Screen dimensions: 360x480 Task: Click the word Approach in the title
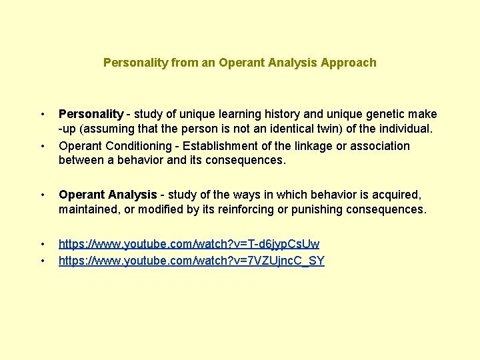pyautogui.click(x=348, y=63)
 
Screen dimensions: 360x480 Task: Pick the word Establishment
pyautogui.click(x=215, y=146)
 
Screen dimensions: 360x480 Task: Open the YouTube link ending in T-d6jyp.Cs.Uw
pyautogui.click(x=189, y=245)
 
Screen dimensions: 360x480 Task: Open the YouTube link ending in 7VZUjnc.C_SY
pyautogui.click(x=191, y=261)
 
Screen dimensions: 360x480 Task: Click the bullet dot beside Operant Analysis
pyautogui.click(x=43, y=195)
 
